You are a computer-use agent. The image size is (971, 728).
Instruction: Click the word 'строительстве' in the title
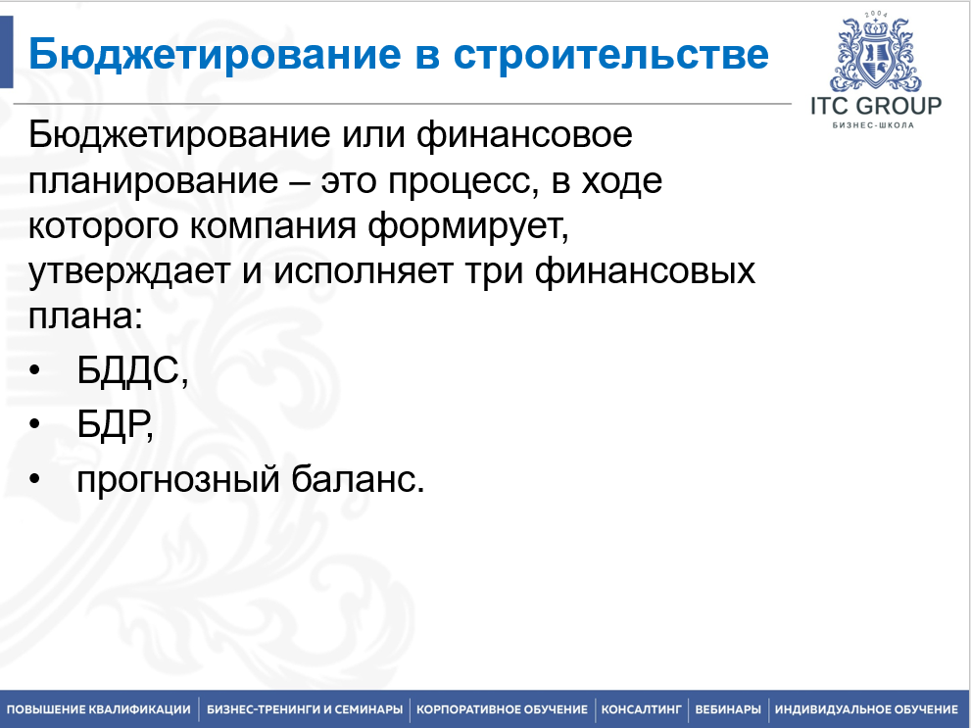(610, 54)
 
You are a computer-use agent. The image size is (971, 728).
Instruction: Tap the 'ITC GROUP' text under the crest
(876, 106)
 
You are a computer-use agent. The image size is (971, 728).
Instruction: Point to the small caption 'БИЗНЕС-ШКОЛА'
(873, 125)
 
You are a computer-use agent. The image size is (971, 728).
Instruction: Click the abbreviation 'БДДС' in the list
(128, 371)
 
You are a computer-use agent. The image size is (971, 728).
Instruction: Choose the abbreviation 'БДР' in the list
(113, 424)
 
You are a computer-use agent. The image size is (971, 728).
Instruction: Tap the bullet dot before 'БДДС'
(34, 370)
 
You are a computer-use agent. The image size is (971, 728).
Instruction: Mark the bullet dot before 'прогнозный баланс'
(34, 479)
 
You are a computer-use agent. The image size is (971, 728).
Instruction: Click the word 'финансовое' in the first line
(524, 135)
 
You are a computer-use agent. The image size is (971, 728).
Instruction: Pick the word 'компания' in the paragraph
(272, 227)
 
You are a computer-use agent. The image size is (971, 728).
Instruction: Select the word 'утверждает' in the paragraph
(128, 272)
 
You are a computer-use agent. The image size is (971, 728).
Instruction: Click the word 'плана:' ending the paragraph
(86, 317)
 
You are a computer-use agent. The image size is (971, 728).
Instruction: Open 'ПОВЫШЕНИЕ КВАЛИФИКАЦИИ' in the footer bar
(99, 709)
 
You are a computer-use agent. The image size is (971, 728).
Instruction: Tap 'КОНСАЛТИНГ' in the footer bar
(642, 709)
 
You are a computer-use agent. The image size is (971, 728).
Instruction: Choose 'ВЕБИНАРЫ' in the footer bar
(728, 709)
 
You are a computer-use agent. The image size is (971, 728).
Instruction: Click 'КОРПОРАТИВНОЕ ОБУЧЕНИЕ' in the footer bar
(502, 709)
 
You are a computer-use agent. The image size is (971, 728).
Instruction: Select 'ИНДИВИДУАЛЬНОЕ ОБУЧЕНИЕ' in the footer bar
(866, 709)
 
